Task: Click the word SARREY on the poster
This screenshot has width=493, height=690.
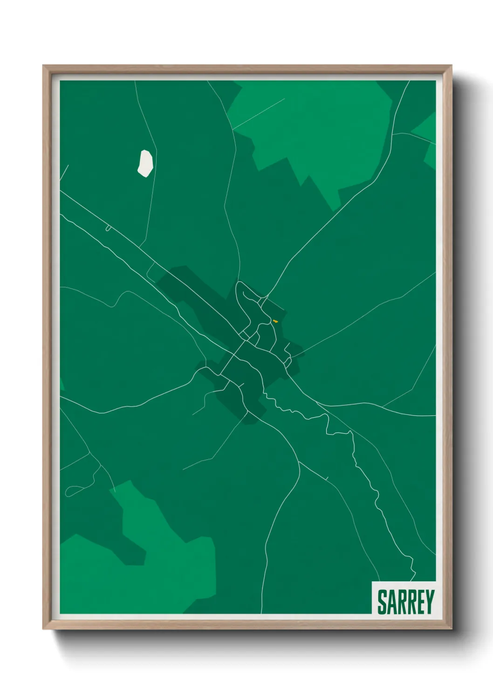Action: point(405,602)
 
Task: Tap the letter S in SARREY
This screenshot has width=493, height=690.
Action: point(382,602)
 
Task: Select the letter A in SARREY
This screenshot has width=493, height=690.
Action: point(391,602)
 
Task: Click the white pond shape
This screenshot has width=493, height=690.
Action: point(145,163)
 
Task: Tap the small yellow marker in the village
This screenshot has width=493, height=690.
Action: point(275,321)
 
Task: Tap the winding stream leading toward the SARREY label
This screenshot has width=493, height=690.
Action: point(373,490)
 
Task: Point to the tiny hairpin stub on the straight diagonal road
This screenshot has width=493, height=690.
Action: point(108,228)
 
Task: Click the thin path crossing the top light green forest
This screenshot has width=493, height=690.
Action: point(259,113)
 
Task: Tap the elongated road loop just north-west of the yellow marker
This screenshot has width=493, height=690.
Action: point(246,298)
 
